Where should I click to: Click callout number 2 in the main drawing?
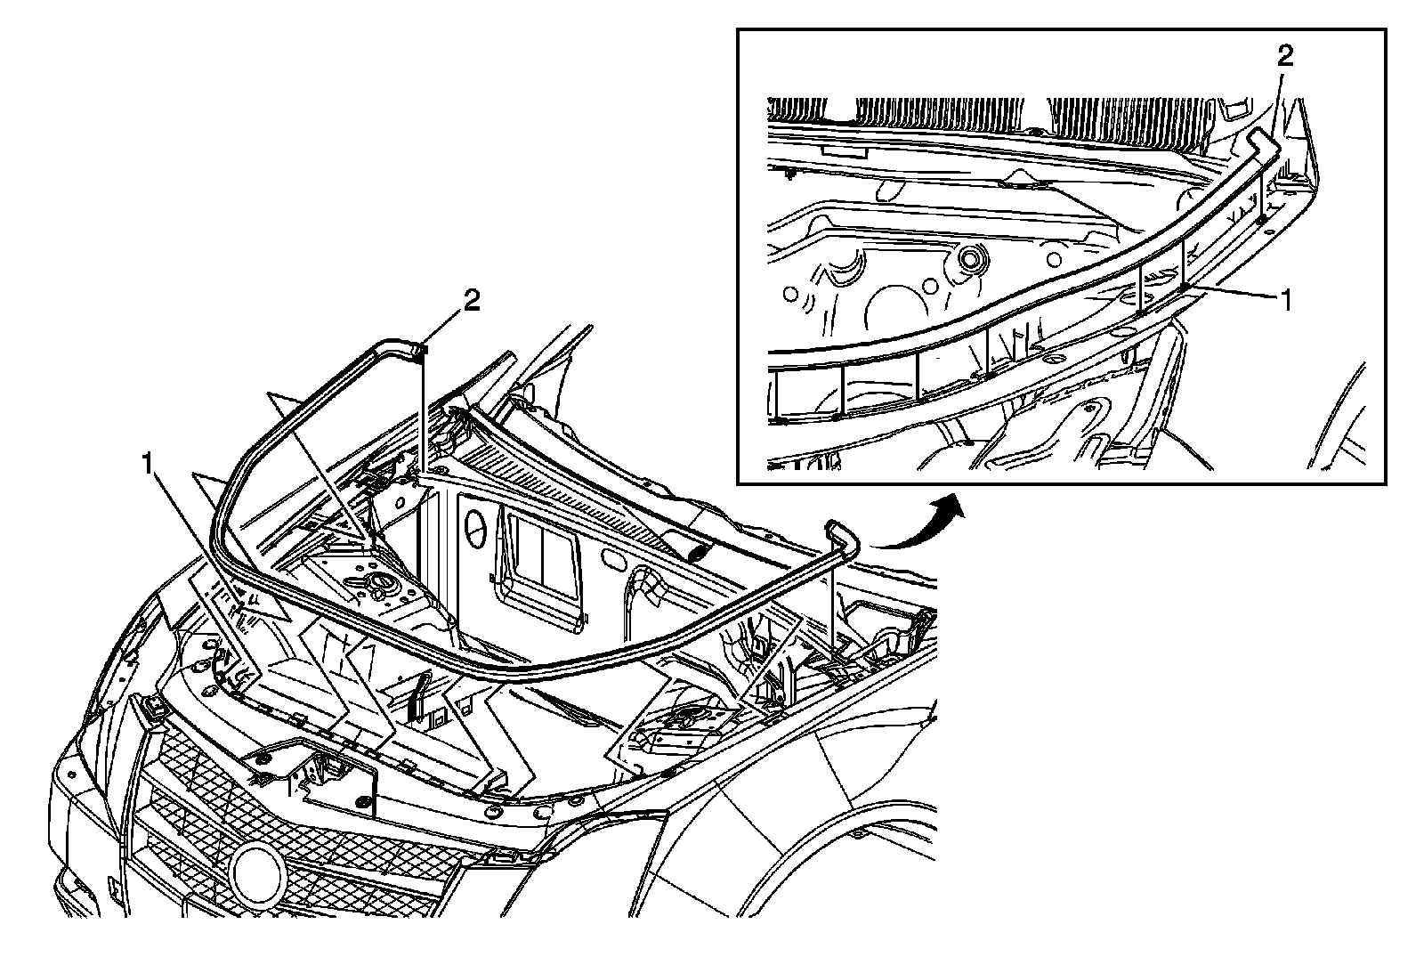pos(471,301)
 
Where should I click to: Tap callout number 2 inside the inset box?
pos(1284,56)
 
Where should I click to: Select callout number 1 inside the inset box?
pos(1284,301)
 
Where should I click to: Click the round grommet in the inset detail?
pos(969,261)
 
